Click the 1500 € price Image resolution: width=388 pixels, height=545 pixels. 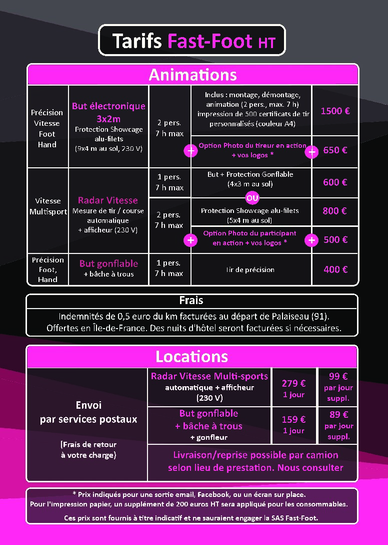tap(335, 111)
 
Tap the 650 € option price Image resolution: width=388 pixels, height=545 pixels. tap(335, 150)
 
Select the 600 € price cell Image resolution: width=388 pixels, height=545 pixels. tap(335, 182)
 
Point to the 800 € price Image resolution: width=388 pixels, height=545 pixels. tap(335, 210)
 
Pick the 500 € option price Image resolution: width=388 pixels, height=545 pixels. tap(335, 239)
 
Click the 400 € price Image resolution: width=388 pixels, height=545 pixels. tap(335, 269)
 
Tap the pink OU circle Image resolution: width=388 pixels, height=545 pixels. tap(252, 198)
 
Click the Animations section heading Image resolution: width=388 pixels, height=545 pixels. tap(192, 75)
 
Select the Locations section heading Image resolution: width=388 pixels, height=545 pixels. tap(191, 357)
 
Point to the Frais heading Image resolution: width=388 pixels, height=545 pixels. tap(191, 301)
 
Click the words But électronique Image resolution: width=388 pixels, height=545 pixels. tap(108, 106)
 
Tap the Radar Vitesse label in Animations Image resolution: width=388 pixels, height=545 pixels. tap(108, 200)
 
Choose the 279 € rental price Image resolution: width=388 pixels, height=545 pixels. tap(293, 383)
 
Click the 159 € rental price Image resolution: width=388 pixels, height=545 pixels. tap(293, 420)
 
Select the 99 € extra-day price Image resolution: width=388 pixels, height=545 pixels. tap(338, 376)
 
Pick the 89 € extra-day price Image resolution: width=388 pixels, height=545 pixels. tap(338, 415)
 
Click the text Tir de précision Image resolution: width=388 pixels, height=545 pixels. tap(250, 269)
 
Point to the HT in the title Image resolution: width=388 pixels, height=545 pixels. tap(267, 43)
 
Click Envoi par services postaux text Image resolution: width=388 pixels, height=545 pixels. tap(88, 412)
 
